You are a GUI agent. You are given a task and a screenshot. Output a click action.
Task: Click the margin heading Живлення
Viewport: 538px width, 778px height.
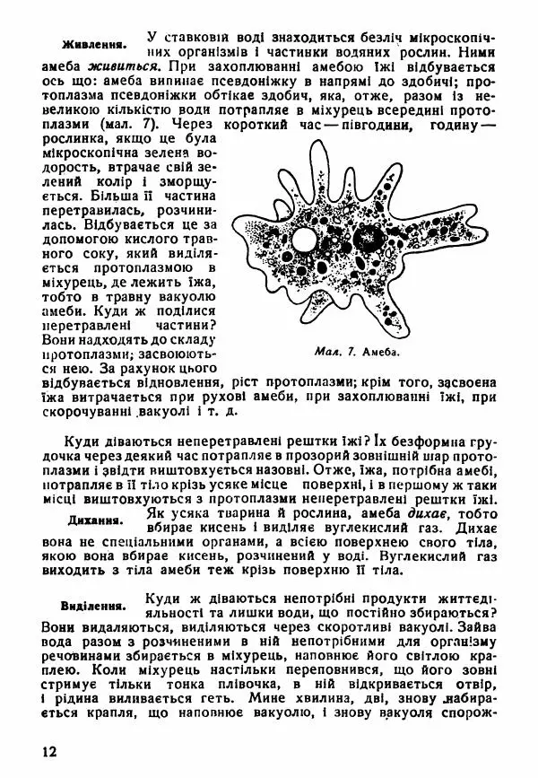(x=93, y=45)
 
